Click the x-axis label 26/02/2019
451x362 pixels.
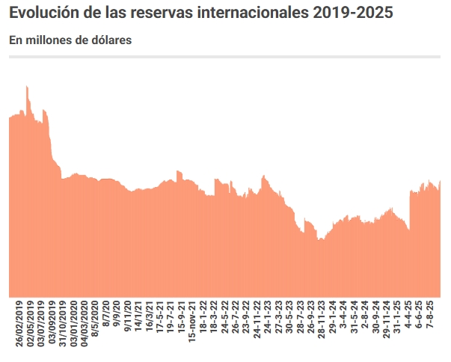click(x=19, y=323)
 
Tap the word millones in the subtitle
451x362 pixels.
click(x=46, y=40)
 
